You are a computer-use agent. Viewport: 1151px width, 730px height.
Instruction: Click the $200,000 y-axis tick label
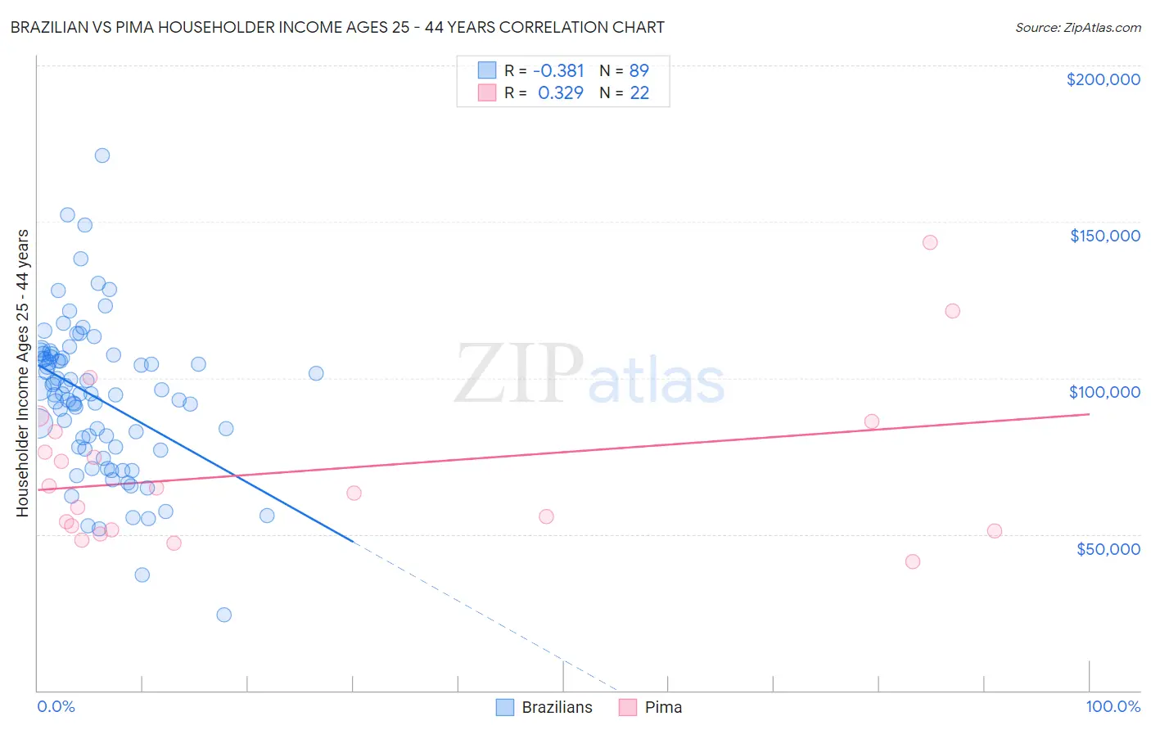[1103, 79]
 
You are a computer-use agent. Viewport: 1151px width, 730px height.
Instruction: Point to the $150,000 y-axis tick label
[1104, 236]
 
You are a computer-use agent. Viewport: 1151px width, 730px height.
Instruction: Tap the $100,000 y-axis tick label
[1104, 392]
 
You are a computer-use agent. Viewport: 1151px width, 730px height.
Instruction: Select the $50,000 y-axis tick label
[1108, 548]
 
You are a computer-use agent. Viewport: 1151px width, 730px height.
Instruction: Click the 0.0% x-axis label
[56, 706]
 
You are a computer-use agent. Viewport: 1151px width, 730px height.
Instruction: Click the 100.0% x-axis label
[1113, 706]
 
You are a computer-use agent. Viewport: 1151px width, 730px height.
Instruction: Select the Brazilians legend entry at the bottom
[544, 707]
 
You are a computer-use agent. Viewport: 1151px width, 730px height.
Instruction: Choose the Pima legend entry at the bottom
[651, 707]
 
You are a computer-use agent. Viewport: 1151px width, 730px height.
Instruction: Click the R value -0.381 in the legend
[558, 70]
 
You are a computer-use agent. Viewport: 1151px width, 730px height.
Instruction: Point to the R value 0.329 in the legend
[560, 92]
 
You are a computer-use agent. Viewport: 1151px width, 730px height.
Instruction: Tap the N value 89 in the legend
[639, 70]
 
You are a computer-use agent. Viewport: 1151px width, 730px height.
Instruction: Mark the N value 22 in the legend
[639, 92]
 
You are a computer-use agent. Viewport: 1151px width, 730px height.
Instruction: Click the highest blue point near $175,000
[102, 155]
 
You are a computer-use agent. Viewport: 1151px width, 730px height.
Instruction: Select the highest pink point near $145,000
[930, 242]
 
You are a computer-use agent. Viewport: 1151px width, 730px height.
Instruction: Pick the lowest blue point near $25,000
[223, 615]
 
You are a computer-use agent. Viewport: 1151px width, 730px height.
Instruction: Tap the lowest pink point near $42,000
[913, 561]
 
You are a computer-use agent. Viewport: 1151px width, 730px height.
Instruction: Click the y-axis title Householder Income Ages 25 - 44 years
[22, 373]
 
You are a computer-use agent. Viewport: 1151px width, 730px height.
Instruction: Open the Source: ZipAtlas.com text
[1077, 27]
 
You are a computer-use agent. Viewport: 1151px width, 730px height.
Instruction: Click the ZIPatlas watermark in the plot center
[589, 375]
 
